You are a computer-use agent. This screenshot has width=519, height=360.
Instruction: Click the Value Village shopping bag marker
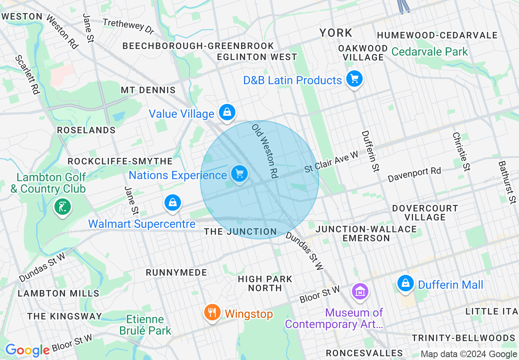pos(226,112)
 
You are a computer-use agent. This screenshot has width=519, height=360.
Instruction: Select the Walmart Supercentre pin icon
pos(173,202)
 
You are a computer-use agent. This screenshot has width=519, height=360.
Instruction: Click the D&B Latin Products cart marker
pos(354,79)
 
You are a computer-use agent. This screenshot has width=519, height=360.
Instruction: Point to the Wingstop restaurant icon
pos(212,313)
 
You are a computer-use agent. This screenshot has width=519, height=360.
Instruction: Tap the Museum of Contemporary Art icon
pos(360,292)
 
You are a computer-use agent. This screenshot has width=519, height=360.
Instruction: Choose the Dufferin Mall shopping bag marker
pos(405,283)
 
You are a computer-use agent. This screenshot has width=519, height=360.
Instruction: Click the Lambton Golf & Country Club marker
pos(62,207)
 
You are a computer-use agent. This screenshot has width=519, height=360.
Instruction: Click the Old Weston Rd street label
pos(264,151)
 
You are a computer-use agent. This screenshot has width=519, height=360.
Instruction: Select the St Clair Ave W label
pos(332,162)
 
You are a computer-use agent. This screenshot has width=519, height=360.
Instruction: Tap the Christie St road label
pos(462,151)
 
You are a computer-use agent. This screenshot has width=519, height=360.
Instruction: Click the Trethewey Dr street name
pos(128,25)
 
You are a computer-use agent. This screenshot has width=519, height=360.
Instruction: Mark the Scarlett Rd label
pos(27,74)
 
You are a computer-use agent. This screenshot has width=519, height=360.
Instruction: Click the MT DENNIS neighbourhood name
pos(148,90)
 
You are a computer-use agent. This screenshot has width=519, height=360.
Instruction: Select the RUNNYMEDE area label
pos(176,272)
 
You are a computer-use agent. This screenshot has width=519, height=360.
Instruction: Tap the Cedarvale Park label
pos(429,52)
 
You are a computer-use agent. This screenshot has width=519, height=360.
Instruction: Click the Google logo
pos(27,351)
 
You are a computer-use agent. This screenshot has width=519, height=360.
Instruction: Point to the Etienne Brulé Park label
pos(145,325)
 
